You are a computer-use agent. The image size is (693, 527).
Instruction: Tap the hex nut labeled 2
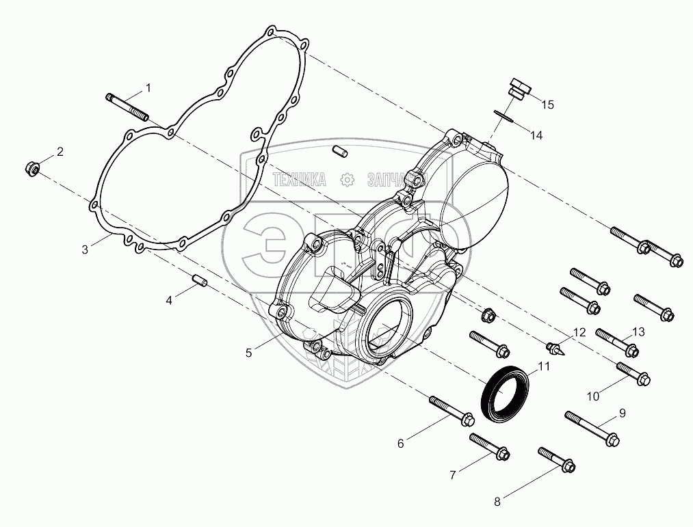coord(33,167)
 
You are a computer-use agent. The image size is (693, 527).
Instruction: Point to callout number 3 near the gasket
coord(85,250)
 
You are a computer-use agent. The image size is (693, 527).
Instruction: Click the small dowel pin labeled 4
coord(199,281)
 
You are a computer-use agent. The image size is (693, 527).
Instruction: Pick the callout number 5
coord(249,353)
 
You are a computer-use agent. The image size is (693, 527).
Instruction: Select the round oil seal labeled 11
coord(579,333)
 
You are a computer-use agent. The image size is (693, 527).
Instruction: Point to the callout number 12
coord(617,342)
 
